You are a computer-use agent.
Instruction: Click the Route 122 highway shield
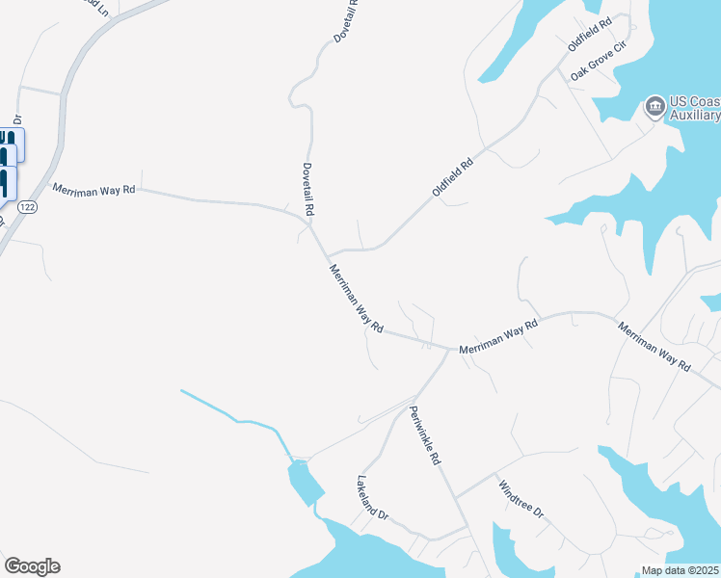pos(28,207)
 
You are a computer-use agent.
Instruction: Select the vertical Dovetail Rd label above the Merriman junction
pos(308,188)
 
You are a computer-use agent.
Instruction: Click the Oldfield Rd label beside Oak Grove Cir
pos(590,34)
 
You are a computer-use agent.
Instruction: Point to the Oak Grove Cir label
pos(597,66)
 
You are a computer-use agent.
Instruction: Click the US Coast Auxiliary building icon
pos(655,105)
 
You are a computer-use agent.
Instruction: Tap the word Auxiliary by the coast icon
pos(695,116)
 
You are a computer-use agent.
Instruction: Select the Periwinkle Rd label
pos(425,435)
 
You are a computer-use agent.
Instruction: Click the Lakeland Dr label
pos(372,497)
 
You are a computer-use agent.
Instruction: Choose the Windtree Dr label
pos(521,500)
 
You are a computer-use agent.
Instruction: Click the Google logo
pos(32,566)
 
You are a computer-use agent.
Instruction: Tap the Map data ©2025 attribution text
pos(680,570)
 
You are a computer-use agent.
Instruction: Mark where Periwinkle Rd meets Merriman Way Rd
pos(449,349)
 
